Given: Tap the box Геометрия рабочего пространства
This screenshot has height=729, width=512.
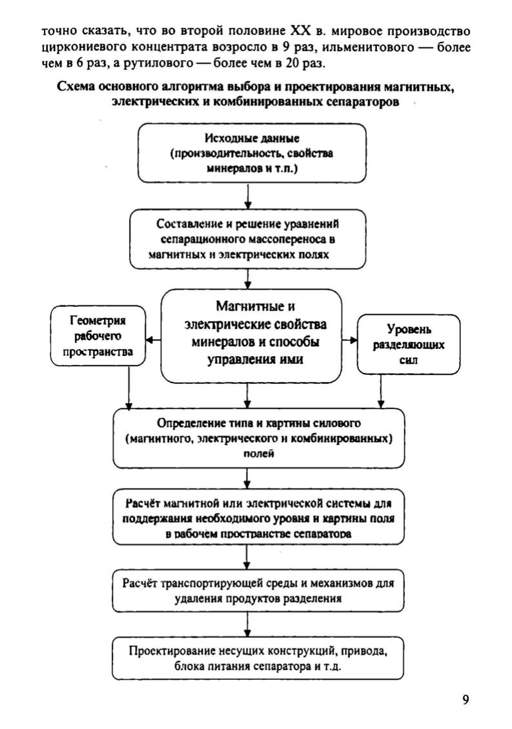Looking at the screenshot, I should click(x=97, y=336).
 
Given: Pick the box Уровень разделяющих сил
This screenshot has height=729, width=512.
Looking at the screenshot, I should click(x=408, y=344).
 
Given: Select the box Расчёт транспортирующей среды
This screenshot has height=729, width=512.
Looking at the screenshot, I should click(x=257, y=591).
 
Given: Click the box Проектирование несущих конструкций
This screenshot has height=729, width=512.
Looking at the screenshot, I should click(x=257, y=658).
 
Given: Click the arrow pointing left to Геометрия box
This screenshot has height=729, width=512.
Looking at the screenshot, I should click(x=152, y=339).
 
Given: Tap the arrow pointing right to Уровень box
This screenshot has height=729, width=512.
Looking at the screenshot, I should click(x=351, y=339).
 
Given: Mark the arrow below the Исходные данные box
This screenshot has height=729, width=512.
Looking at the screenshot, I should click(x=249, y=196).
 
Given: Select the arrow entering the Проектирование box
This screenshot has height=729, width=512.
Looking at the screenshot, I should click(x=249, y=627).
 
